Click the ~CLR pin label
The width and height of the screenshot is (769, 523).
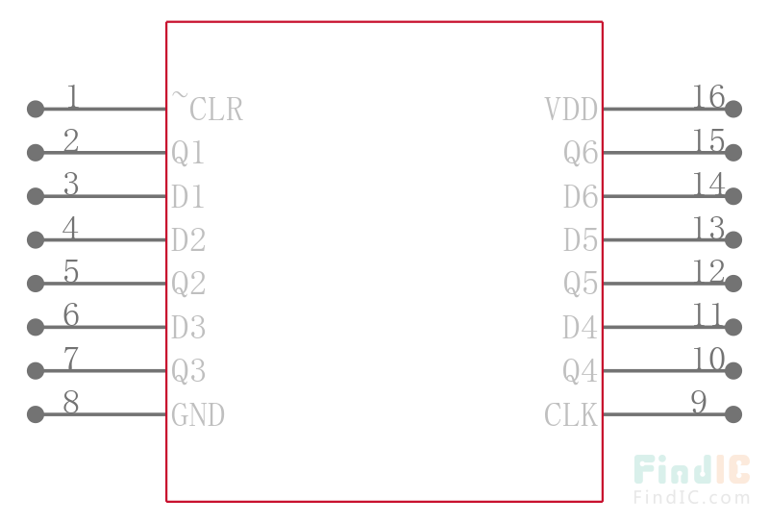click(207, 107)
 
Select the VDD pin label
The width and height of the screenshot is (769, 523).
click(571, 109)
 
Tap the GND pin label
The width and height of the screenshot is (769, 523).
click(198, 414)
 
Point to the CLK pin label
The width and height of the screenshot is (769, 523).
click(571, 414)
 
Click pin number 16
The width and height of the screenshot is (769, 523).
click(708, 96)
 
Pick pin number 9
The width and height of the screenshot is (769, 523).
click(699, 402)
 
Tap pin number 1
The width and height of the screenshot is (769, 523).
click(73, 96)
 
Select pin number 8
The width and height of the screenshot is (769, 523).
click(71, 402)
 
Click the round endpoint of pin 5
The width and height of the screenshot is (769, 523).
click(36, 284)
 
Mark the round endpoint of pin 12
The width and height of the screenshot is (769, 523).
click(733, 284)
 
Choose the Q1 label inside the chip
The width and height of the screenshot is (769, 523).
click(187, 153)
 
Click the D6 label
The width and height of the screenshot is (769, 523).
click(581, 196)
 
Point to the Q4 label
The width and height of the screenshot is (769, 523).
click(581, 371)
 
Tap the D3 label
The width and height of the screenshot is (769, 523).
click(188, 327)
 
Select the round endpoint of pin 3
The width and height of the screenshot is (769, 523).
click(36, 196)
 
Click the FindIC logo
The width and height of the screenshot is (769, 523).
click(692, 469)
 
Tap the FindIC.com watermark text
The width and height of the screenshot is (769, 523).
click(692, 497)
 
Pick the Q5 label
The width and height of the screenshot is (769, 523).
click(581, 284)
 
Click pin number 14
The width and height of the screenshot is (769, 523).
click(708, 184)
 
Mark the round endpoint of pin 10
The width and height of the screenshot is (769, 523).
click(733, 371)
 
